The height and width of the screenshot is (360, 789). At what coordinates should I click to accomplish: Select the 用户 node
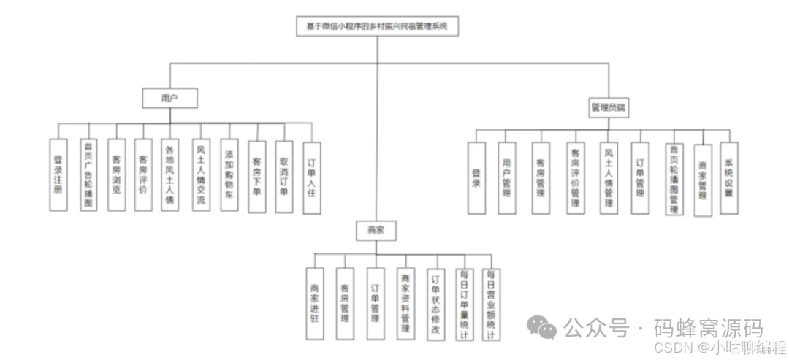tap(169, 97)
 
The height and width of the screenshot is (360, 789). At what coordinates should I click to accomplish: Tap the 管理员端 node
tap(609, 107)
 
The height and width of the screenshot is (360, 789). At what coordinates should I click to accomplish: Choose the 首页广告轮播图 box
tap(88, 176)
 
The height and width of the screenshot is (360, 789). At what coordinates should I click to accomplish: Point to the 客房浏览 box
tap(116, 176)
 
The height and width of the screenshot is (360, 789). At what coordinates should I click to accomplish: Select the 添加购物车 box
tap(229, 176)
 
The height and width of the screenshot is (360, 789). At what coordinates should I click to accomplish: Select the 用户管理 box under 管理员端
tap(506, 178)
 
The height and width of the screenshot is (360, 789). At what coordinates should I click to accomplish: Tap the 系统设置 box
tap(728, 178)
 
